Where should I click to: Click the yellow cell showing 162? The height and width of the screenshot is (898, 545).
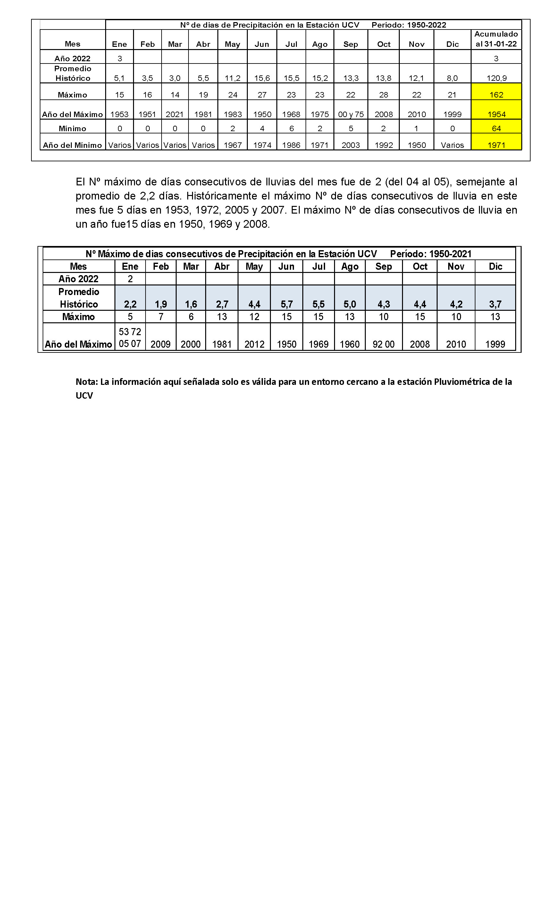point(496,95)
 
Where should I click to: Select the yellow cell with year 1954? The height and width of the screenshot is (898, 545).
point(496,114)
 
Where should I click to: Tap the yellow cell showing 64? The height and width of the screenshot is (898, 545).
point(496,128)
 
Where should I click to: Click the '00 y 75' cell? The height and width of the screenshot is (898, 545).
point(350,114)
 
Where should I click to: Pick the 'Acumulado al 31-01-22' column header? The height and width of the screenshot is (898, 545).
point(496,39)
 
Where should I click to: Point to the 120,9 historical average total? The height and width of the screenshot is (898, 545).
point(496,78)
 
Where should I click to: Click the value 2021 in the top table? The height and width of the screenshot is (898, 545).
point(174,114)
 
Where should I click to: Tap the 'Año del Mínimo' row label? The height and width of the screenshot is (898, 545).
point(72,145)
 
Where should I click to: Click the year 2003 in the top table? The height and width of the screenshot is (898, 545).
point(350,145)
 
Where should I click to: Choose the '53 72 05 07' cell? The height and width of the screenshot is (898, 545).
point(130,337)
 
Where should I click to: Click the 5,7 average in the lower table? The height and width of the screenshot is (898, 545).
point(286,304)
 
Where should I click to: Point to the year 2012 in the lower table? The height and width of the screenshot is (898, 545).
point(254,344)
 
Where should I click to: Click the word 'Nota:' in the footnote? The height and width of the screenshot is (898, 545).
point(87,382)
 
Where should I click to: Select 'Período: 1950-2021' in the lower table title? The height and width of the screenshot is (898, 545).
point(430,254)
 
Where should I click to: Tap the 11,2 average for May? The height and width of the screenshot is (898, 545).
point(232,78)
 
